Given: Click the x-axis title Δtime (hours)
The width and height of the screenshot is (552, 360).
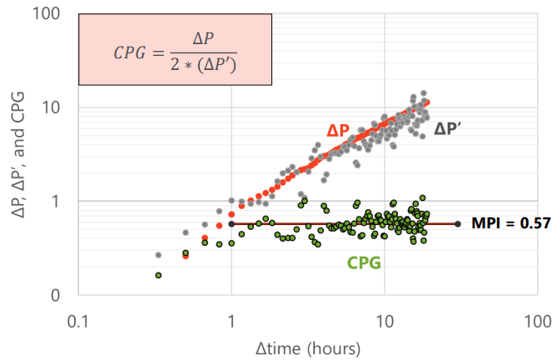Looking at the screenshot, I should pyautogui.click(x=308, y=347).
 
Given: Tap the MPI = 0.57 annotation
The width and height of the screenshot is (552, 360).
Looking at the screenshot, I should pyautogui.click(x=503, y=223).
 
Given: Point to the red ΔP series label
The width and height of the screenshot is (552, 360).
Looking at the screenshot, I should pyautogui.click(x=338, y=131).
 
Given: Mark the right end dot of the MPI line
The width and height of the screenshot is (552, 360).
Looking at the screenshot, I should pyautogui.click(x=458, y=223).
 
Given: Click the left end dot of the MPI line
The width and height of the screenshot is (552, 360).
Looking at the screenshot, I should pyautogui.click(x=231, y=223).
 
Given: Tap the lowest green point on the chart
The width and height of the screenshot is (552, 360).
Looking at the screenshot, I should pyautogui.click(x=158, y=275).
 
